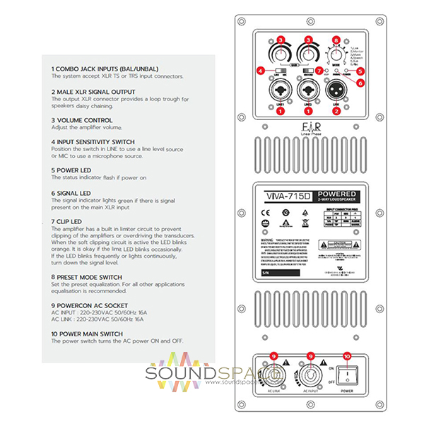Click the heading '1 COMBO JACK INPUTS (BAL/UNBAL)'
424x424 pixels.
[x=105, y=68]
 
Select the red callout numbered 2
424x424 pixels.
[x=337, y=111]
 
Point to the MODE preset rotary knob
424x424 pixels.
[x=336, y=54]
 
